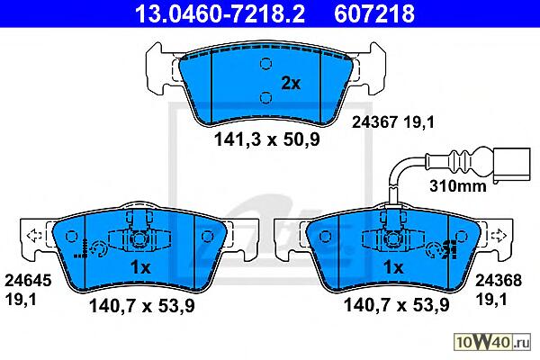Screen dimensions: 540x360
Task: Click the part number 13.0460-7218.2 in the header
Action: (220, 13)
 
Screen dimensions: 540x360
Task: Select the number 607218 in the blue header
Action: (374, 13)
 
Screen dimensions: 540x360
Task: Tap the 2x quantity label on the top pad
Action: (291, 83)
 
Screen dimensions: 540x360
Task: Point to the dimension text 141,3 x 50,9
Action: (267, 139)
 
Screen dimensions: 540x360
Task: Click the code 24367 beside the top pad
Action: (374, 122)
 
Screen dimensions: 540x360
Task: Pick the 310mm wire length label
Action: (458, 186)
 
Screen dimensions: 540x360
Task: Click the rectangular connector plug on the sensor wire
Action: (512, 166)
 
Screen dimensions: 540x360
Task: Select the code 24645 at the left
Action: (28, 281)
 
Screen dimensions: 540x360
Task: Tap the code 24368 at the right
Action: (499, 281)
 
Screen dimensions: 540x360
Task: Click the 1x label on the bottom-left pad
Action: (140, 267)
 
